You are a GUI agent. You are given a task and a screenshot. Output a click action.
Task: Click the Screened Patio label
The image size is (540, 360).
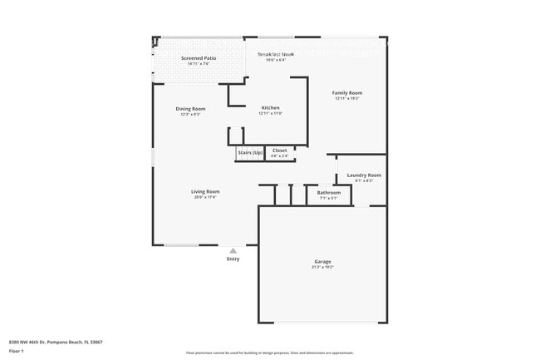[198, 58]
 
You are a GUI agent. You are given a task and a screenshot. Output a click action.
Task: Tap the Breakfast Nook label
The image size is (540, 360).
[276, 54]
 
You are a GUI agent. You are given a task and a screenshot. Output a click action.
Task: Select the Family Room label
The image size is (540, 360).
[347, 92]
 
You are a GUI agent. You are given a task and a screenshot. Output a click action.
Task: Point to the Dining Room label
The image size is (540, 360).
[190, 109]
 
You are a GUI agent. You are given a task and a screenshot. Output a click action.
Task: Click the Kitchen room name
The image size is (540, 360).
[271, 108]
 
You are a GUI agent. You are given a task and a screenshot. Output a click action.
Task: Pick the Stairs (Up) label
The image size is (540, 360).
[250, 151]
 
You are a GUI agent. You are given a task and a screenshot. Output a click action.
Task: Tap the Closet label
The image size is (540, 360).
[280, 150]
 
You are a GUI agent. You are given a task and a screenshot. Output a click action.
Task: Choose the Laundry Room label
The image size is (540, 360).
[364, 175]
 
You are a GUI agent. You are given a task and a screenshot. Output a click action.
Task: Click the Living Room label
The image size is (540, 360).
[205, 191]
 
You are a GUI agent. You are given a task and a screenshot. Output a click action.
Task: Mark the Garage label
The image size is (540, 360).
[322, 262]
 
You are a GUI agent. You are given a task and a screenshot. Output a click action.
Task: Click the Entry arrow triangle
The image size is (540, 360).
[233, 250]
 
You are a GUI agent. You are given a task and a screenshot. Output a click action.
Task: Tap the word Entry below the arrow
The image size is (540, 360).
[233, 259]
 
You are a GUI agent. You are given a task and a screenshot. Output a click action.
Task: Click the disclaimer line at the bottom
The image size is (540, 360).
[269, 353]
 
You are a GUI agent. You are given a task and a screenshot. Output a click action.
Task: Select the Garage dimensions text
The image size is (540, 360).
[322, 268]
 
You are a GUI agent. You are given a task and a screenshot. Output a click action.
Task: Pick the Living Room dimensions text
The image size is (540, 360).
[205, 197]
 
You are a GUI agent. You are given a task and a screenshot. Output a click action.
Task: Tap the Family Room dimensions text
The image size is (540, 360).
[347, 98]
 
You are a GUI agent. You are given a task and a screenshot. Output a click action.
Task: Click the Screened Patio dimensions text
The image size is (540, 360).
[198, 64]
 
